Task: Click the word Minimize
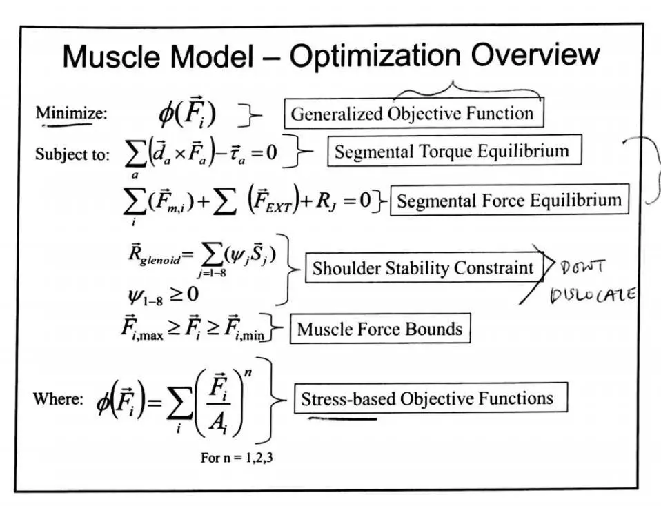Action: click(x=71, y=112)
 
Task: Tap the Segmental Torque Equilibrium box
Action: click(x=453, y=151)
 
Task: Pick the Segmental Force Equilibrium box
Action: click(x=510, y=200)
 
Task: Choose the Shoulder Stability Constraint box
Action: click(x=423, y=268)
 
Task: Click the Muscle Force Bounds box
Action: click(x=379, y=329)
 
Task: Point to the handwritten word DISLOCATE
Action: click(x=592, y=296)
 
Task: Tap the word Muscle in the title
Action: click(x=107, y=57)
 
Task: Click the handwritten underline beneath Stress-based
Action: click(x=342, y=417)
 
